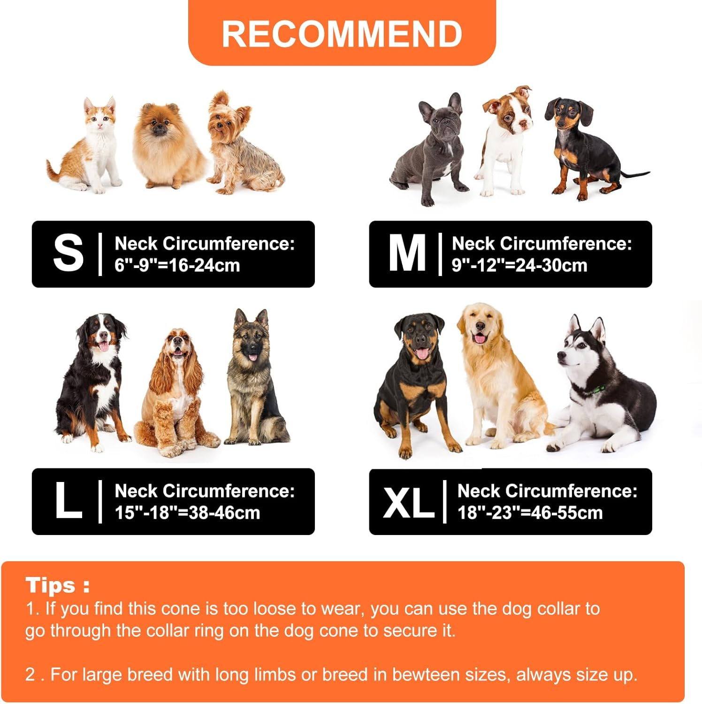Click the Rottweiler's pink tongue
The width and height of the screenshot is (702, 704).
(422, 353)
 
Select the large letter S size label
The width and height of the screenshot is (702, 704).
(68, 253)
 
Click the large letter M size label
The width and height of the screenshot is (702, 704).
(407, 253)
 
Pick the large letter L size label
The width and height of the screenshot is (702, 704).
(69, 501)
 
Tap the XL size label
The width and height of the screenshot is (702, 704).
(408, 502)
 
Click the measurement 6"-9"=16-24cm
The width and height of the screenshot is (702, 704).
(177, 266)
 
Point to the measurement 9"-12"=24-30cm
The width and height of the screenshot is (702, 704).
(519, 266)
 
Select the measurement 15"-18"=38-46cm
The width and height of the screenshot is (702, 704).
(187, 513)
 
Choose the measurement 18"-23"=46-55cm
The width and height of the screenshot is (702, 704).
(530, 513)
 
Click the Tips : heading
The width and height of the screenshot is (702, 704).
(57, 585)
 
